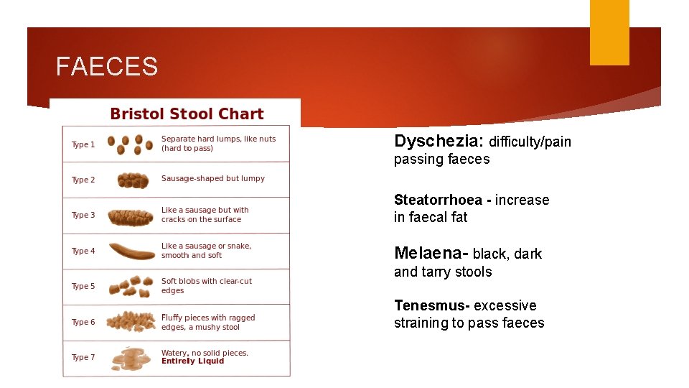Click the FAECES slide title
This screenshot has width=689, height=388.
coord(107,67)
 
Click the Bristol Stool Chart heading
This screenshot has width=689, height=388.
coord(187,114)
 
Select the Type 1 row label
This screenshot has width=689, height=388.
coord(83,144)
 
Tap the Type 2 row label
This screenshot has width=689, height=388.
coord(83,180)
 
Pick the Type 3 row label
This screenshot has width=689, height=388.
coord(83,215)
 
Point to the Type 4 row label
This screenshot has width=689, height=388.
coord(83,251)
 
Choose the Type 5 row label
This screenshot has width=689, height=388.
coord(83,286)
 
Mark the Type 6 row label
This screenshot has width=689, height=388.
coord(83,322)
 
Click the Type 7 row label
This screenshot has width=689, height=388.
coord(83,357)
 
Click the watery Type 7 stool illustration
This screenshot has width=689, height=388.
coord(130,359)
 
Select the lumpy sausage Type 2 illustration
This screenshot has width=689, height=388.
coord(132,180)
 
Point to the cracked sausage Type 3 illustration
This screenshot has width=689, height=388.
coord(131,216)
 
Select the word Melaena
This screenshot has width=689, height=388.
coord(428,253)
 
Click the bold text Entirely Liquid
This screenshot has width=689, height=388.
coord(192,361)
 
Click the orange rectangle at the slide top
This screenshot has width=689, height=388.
coord(609,32)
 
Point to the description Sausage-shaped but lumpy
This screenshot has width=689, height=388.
coord(213,179)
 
